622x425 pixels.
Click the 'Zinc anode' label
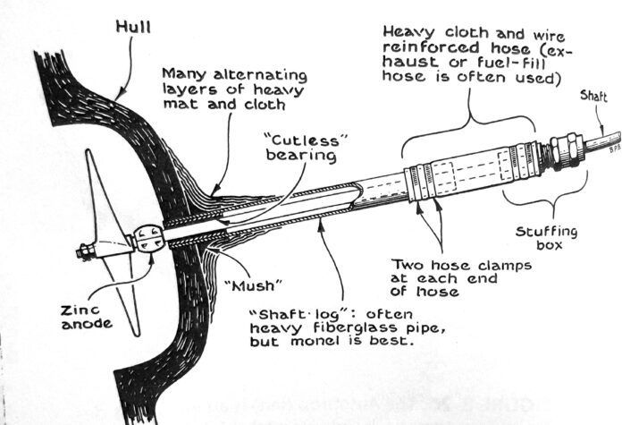point(63,314)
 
